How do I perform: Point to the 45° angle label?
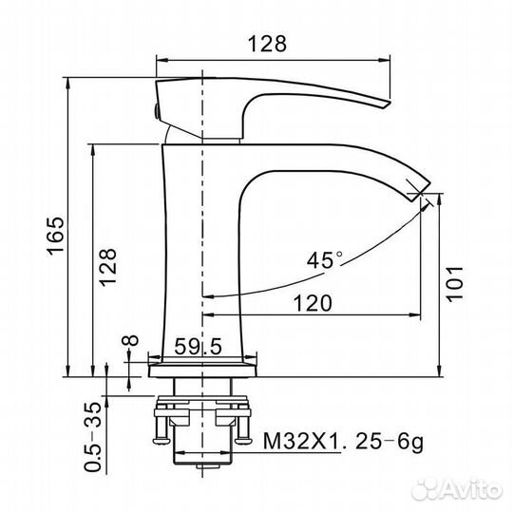pos(325,258)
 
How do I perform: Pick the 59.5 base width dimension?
pos(198,348)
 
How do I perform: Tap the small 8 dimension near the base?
pos(132,339)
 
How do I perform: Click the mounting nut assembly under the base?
pos(204,418)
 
